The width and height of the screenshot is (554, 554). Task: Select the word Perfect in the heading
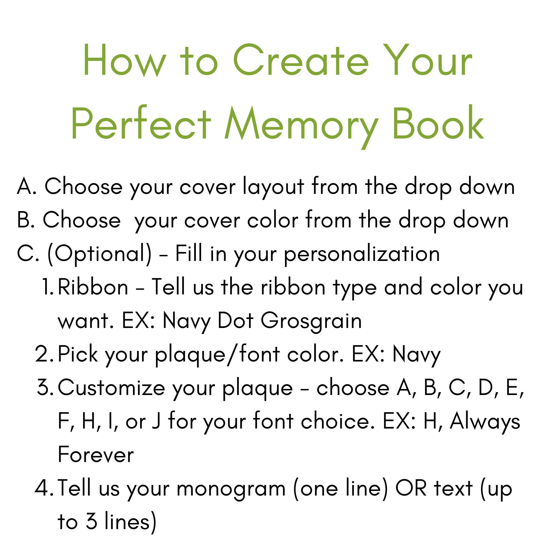[141, 124]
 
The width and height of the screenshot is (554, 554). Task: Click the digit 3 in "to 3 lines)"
[91, 521]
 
